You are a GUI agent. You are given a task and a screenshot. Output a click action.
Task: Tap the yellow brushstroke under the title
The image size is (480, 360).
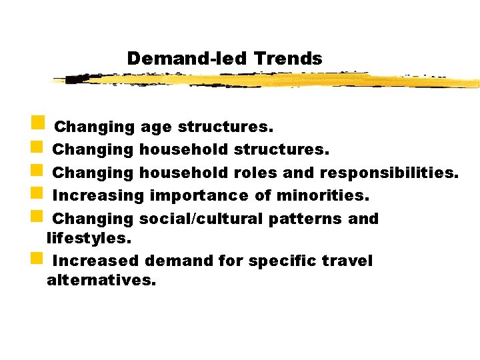[x=267, y=81]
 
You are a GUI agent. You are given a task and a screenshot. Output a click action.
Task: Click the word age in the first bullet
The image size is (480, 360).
[x=157, y=127]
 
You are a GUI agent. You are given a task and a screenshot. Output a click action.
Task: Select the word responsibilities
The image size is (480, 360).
[x=389, y=172]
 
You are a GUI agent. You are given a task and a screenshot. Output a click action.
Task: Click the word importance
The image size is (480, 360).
[x=200, y=195]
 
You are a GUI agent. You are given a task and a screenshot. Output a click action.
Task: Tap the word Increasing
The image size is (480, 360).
[x=98, y=195]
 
